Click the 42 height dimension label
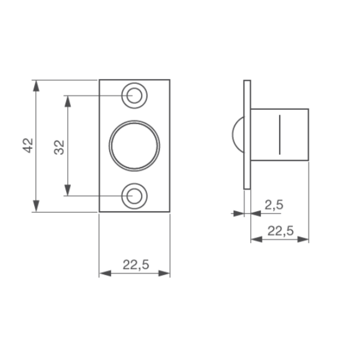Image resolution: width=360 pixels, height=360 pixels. point(28,146)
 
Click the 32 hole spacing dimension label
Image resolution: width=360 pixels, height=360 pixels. point(59,147)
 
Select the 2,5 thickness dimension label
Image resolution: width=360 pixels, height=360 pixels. point(274,205)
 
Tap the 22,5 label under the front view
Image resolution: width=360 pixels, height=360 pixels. point(136,265)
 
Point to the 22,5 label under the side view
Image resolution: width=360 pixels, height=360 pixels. point(281,231)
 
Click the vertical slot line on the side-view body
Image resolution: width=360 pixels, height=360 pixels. point(280,134)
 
